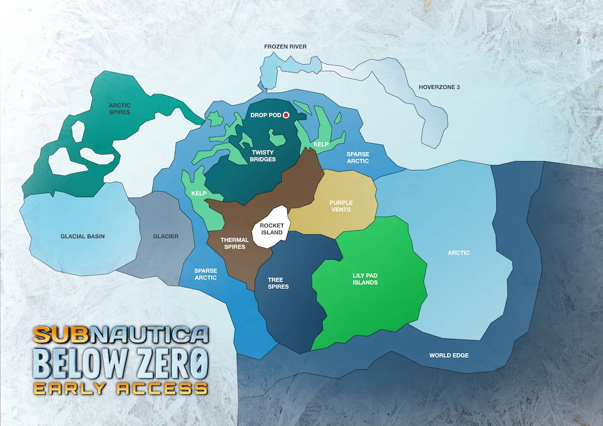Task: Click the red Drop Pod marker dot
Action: (286, 115)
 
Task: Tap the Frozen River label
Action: (285, 46)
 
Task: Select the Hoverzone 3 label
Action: (439, 87)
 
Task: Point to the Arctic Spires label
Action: (120, 108)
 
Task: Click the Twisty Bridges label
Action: (263, 156)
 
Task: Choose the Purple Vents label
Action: (341, 206)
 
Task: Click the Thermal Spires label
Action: (234, 243)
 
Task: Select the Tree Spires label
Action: (278, 283)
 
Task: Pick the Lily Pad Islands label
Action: (365, 278)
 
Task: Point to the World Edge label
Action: (448, 355)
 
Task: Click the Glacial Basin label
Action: (82, 237)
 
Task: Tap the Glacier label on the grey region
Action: (165, 237)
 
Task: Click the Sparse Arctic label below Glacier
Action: (206, 274)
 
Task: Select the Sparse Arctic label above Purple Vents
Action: (357, 158)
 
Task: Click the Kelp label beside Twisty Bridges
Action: (321, 144)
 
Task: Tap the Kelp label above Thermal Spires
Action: (198, 193)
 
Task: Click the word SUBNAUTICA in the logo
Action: (121, 335)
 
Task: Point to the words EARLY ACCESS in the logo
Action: (120, 388)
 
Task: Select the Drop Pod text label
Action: (266, 115)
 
